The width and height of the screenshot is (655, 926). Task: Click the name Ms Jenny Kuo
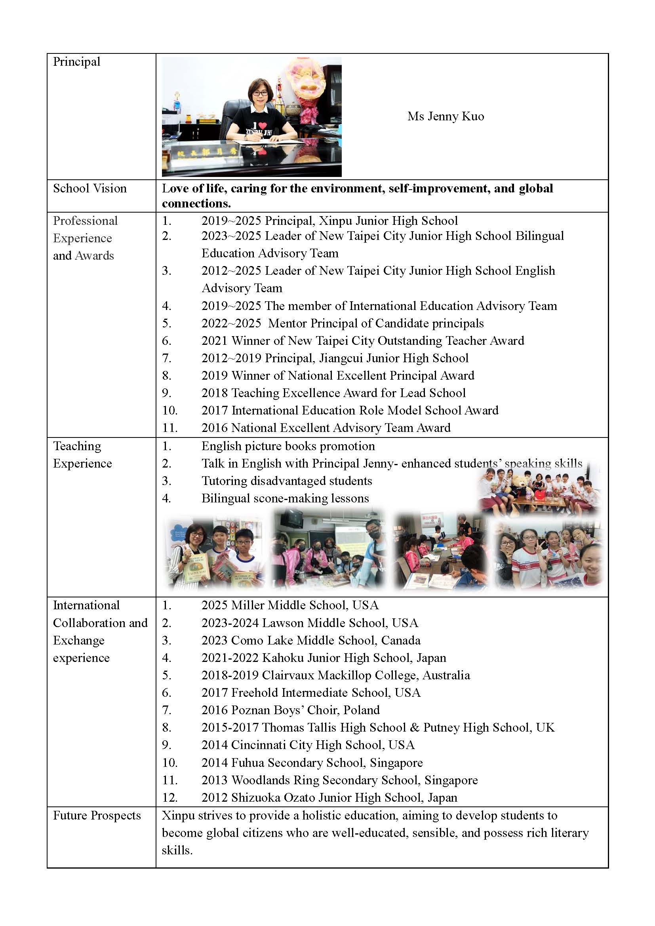tap(445, 116)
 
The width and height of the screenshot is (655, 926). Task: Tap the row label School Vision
tap(89, 188)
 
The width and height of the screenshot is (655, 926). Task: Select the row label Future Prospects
tap(97, 815)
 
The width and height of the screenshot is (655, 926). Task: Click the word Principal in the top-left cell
tap(77, 62)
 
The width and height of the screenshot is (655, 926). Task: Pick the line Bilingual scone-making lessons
tap(285, 498)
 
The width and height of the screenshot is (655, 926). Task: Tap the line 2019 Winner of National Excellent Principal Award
tap(337, 375)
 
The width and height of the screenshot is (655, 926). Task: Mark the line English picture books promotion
tap(288, 446)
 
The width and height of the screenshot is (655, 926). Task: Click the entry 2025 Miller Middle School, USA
tap(290, 605)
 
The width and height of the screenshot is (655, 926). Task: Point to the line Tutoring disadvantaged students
tap(286, 481)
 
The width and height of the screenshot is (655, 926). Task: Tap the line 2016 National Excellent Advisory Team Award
tap(326, 428)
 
